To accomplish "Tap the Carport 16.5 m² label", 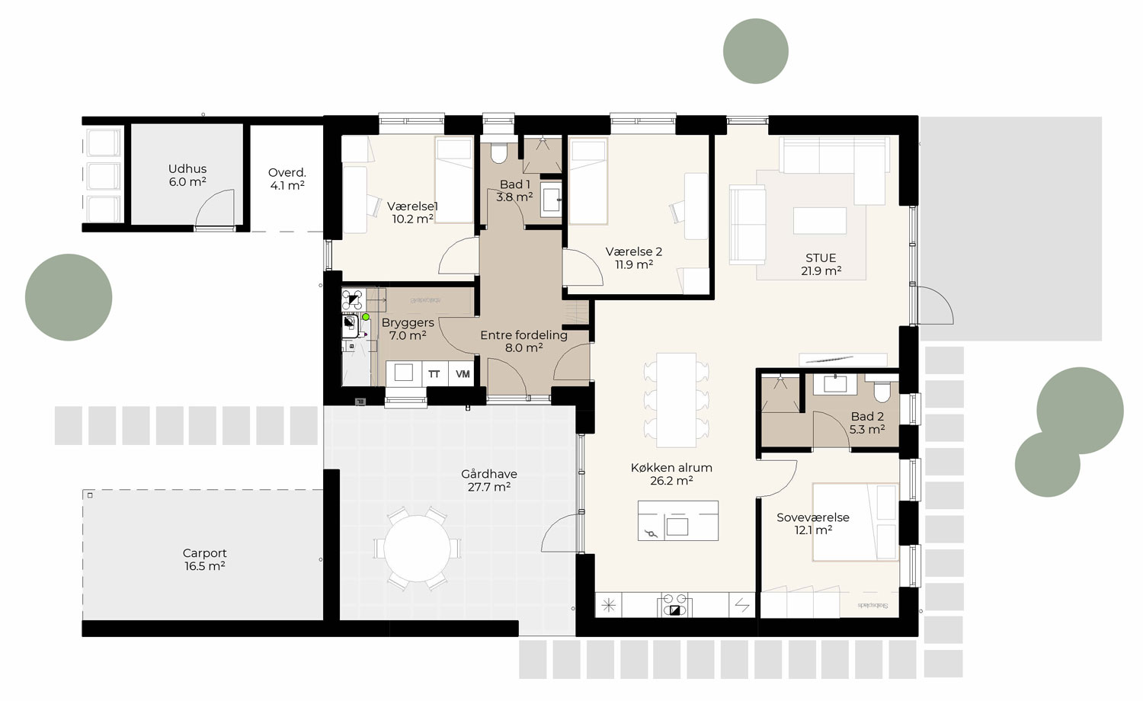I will (204, 559).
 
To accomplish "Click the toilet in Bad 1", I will (499, 152).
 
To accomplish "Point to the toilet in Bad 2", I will (882, 391).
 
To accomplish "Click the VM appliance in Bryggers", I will (463, 373).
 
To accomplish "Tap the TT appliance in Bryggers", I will (434, 373).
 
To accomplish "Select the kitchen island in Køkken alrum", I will (677, 520).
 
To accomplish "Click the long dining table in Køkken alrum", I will (677, 400).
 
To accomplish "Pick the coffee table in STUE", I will (819, 220).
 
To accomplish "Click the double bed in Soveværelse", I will (855, 522).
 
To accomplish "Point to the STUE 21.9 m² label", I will (821, 264).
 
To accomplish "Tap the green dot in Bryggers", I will (366, 317).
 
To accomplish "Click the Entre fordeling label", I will (523, 341).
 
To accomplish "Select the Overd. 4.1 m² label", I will (287, 178).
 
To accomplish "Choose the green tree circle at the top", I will (755, 51).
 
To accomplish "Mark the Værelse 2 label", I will (633, 258).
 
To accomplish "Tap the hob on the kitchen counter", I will (672, 605).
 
